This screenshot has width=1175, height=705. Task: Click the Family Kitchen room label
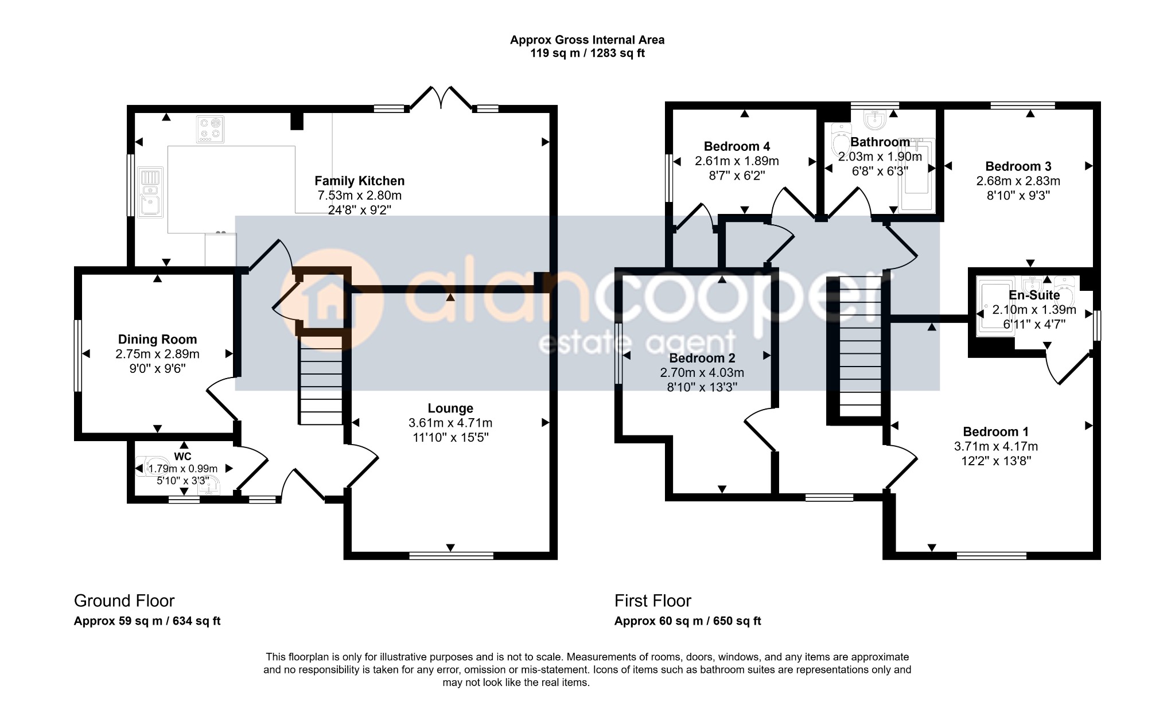coord(360,181)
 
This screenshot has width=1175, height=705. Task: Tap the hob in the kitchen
coord(211,129)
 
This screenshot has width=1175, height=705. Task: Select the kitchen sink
coord(150,193)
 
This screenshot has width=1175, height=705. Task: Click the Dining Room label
coord(157,340)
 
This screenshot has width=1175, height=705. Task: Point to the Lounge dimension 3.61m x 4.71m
coord(450,423)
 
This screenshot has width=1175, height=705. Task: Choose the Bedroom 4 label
coord(737,146)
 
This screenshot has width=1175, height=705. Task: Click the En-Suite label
coord(1034,295)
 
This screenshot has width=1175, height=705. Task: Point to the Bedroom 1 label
coord(995,432)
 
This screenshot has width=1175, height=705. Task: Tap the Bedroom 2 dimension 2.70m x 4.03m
coord(702,373)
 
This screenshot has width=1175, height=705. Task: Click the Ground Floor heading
coord(124,601)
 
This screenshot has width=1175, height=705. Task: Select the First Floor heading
coord(653,601)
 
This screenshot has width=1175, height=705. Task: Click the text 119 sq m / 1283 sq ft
coord(587,53)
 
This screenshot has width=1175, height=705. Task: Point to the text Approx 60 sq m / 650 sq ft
coord(688,621)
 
